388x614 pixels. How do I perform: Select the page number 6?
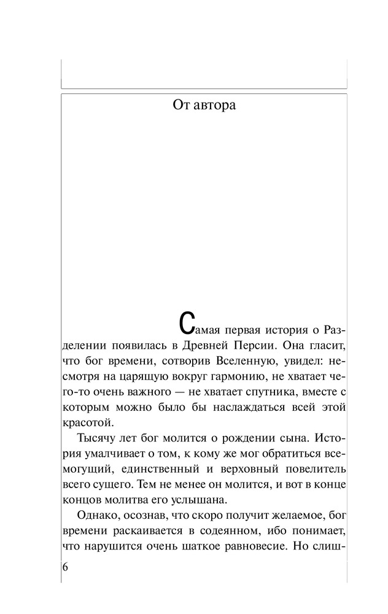[x=65, y=567]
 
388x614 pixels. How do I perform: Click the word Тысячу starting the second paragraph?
[x=98, y=439]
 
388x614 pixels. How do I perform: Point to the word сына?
[x=298, y=439]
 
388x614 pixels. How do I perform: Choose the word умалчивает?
[x=112, y=455]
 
